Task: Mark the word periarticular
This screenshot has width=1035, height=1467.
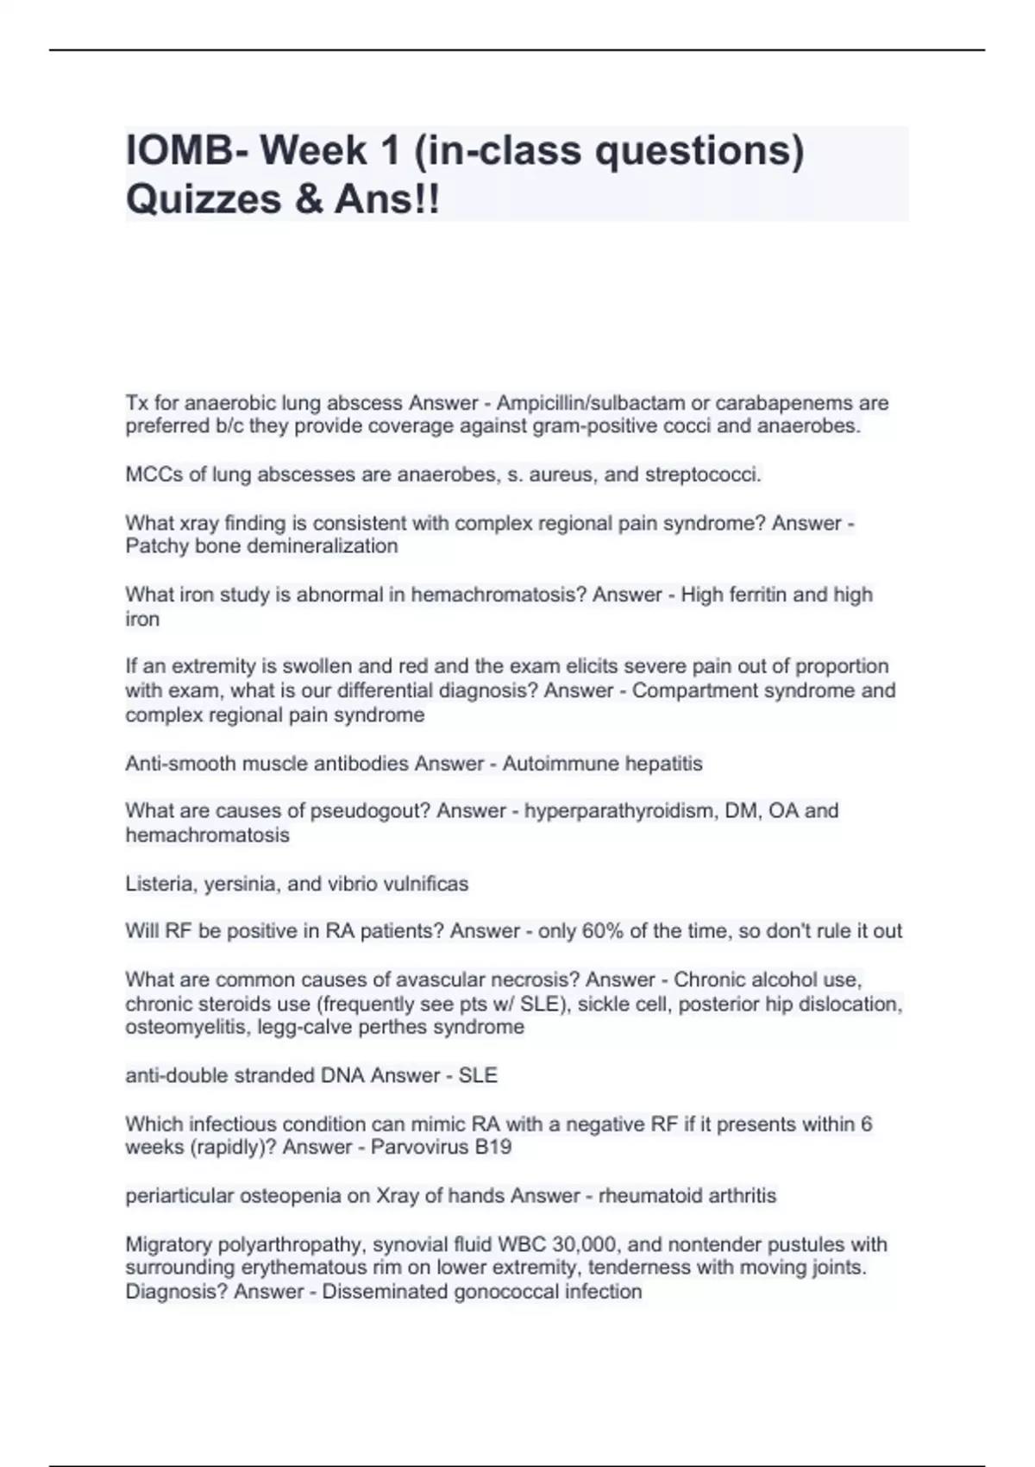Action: coord(179,1196)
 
